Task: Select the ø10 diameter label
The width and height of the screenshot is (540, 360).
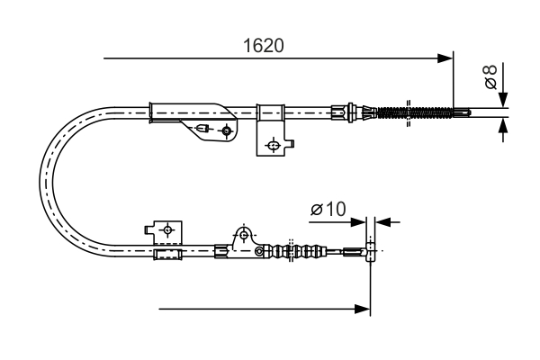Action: coord(328,210)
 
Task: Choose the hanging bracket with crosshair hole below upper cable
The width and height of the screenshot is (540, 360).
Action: coord(273,142)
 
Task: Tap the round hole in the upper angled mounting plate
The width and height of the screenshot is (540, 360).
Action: coord(226,131)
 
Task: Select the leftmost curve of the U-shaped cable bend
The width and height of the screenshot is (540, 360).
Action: coord(45,180)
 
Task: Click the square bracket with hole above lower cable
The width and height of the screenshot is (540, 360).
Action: coord(166,232)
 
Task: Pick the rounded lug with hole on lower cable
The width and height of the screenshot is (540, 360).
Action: coord(241,236)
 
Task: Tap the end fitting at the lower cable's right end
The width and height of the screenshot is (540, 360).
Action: coord(368,251)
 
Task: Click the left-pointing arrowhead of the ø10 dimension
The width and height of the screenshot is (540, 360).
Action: coord(382,220)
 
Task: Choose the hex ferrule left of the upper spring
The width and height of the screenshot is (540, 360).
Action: coord(339,112)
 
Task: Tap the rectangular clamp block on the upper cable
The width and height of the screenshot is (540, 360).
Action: coord(270,112)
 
